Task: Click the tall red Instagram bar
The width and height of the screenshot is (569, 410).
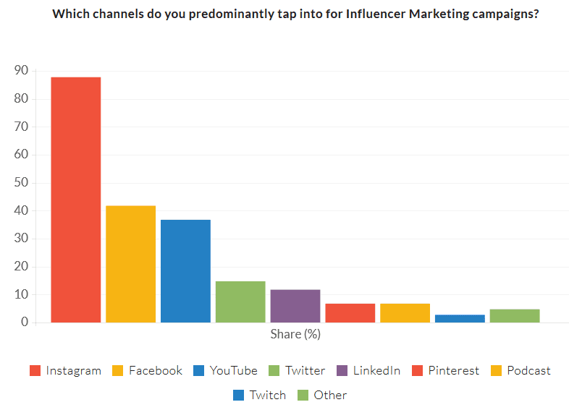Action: (75, 199)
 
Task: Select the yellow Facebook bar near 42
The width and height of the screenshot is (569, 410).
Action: (130, 264)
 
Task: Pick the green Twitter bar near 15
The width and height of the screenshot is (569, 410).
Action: (240, 302)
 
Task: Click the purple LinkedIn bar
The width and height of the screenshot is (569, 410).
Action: (295, 306)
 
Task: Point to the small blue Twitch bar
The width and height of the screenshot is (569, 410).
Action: (460, 318)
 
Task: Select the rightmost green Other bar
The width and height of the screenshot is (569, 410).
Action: (515, 315)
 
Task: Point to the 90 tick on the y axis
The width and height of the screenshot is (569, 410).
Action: (21, 71)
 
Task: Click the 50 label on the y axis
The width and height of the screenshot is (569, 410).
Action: (21, 183)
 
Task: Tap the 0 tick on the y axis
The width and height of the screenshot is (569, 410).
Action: (25, 323)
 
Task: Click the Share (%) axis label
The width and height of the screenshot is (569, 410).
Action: (295, 334)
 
